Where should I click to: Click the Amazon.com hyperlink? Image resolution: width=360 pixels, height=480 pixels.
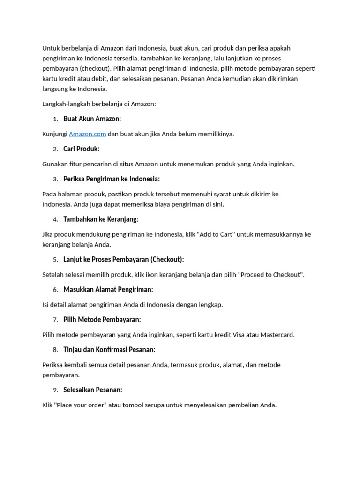[88, 134]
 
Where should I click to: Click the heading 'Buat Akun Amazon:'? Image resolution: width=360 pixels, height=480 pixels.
[92, 119]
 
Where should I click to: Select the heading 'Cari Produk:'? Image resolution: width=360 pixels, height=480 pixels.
[81, 149]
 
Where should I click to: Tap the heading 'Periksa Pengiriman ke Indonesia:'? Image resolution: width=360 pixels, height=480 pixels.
[112, 179]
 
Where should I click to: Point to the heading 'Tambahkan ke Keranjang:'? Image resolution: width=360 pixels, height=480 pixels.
[101, 219]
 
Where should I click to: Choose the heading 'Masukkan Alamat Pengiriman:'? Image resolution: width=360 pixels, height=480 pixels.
[108, 290]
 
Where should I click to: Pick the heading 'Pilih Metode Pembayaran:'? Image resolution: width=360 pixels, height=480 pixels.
[102, 320]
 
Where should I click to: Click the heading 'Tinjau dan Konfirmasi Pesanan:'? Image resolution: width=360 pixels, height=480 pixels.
[109, 350]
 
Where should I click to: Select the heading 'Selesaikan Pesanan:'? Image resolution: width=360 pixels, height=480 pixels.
[93, 390]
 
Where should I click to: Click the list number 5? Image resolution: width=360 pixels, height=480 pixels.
[55, 260]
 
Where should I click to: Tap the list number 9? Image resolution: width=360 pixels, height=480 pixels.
[55, 390]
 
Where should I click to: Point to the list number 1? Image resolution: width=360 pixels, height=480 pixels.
[55, 119]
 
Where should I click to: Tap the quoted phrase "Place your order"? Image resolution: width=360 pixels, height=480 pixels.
[80, 405]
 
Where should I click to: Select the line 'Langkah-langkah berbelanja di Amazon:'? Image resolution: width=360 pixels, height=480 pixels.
[99, 104]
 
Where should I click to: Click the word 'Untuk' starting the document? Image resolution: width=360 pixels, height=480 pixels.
[51, 48]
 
